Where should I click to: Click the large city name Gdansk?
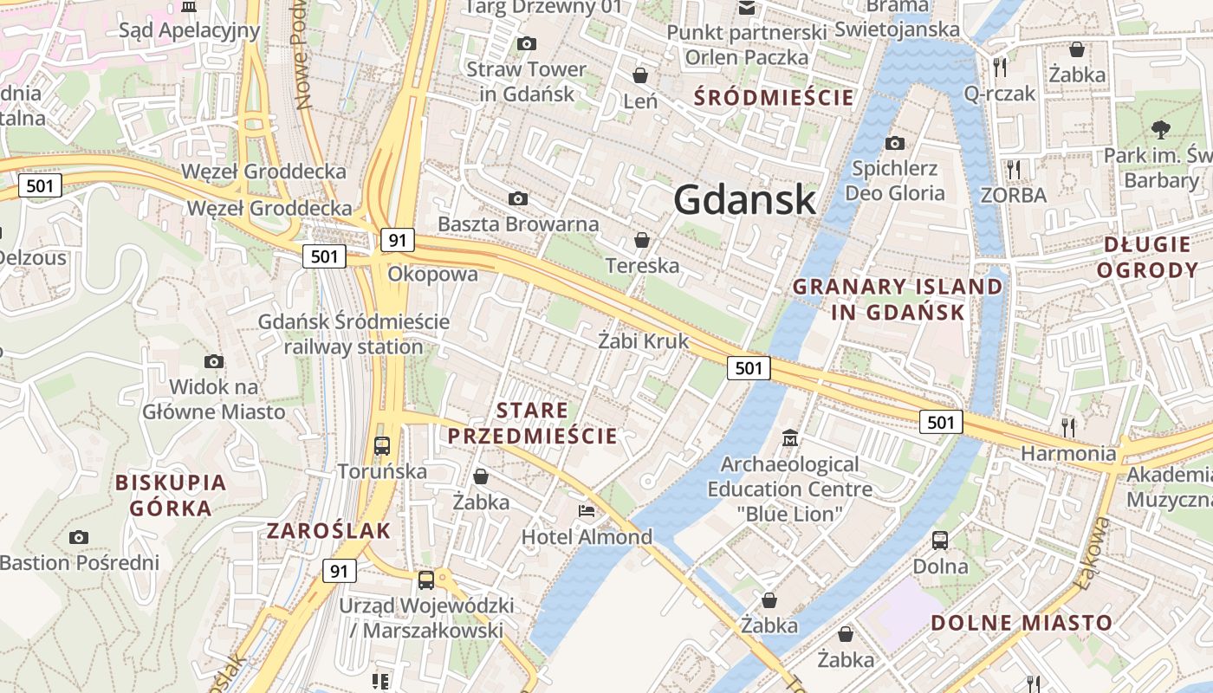coord(744,200)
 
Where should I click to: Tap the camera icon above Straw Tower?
coord(526,43)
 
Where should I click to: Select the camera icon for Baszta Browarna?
coord(518,199)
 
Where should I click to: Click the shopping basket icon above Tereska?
coord(642,239)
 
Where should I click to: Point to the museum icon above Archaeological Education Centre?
coord(789,438)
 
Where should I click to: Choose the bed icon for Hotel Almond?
coord(587,511)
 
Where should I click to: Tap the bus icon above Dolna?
coord(940,541)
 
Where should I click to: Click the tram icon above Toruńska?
coord(382,445)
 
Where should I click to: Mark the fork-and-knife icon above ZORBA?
coord(1014,169)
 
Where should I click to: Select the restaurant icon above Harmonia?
coord(1068,426)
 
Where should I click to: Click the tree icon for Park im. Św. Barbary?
coord(1160,130)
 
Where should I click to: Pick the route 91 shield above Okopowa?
coord(397,240)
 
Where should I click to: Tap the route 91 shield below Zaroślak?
coord(339,571)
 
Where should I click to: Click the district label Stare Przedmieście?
coord(532,423)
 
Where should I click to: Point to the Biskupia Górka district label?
coord(171,495)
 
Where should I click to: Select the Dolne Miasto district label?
coord(1022,622)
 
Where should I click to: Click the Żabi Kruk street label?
coord(644,341)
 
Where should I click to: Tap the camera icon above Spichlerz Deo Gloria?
coord(895,143)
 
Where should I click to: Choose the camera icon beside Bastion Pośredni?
coord(79,538)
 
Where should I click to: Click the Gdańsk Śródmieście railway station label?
coord(354,334)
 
